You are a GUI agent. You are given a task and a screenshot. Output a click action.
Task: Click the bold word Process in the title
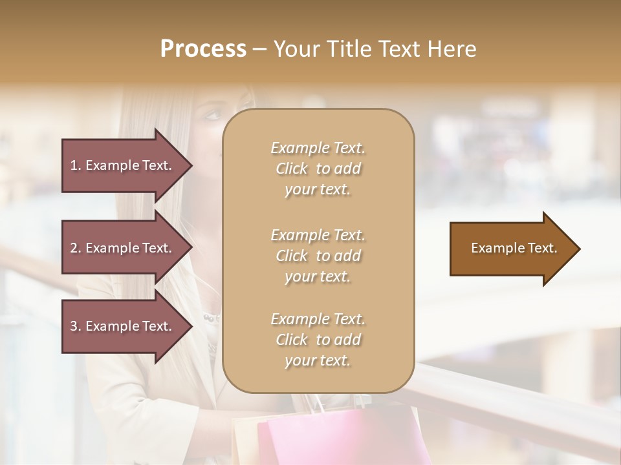[x=203, y=49]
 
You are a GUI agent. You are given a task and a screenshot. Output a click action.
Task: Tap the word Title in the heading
[x=350, y=49]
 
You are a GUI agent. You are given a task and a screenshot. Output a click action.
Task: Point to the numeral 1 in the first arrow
[x=74, y=165]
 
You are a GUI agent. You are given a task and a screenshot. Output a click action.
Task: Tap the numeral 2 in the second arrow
[x=74, y=248]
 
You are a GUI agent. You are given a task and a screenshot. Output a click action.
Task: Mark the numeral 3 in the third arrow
[x=74, y=326]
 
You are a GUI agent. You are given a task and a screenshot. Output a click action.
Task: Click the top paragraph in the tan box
[x=318, y=169]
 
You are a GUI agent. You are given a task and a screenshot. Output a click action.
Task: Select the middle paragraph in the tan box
[x=318, y=256]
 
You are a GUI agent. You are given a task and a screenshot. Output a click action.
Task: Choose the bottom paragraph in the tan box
[x=318, y=340]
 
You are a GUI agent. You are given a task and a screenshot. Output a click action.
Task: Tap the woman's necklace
[x=212, y=318]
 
